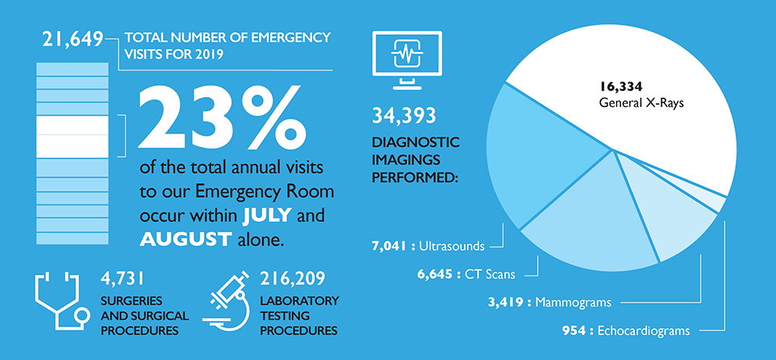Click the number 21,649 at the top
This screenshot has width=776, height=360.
[73, 40]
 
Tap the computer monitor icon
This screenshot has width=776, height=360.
[407, 60]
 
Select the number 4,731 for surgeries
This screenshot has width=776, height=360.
[123, 279]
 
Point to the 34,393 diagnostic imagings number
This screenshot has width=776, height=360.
[404, 116]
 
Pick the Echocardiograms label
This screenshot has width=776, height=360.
[643, 331]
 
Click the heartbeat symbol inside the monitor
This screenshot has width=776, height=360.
[407, 53]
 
